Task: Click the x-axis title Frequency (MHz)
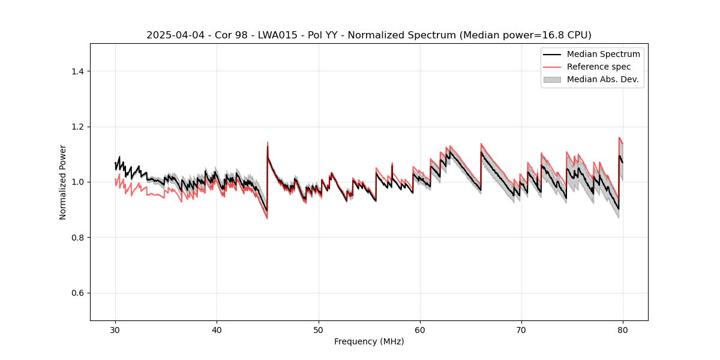click(x=369, y=341)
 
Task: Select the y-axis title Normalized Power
click(x=63, y=182)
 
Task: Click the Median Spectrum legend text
click(x=603, y=54)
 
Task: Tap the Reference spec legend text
click(x=599, y=67)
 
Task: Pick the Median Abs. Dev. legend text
click(x=602, y=79)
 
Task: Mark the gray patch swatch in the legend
click(x=552, y=79)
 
